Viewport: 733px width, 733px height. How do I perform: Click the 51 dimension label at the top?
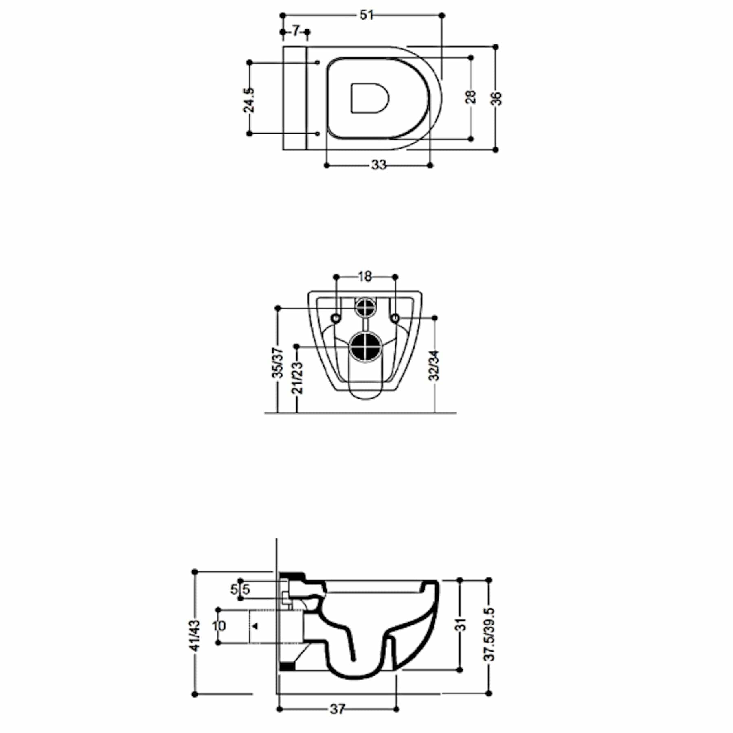pyautogui.click(x=366, y=15)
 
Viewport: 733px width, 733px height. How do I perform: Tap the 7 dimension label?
pyautogui.click(x=296, y=31)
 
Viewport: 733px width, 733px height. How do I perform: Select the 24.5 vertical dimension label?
pyautogui.click(x=249, y=100)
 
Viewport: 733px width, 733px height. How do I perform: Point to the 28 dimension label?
pyautogui.click(x=471, y=97)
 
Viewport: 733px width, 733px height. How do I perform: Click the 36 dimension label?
pyautogui.click(x=496, y=99)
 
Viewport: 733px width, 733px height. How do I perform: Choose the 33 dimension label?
pyautogui.click(x=378, y=165)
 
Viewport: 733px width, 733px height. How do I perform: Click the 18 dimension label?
pyautogui.click(x=365, y=277)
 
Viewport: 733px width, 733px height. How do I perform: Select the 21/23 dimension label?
pyautogui.click(x=298, y=377)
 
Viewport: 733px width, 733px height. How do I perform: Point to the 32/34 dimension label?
pyautogui.click(x=435, y=366)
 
